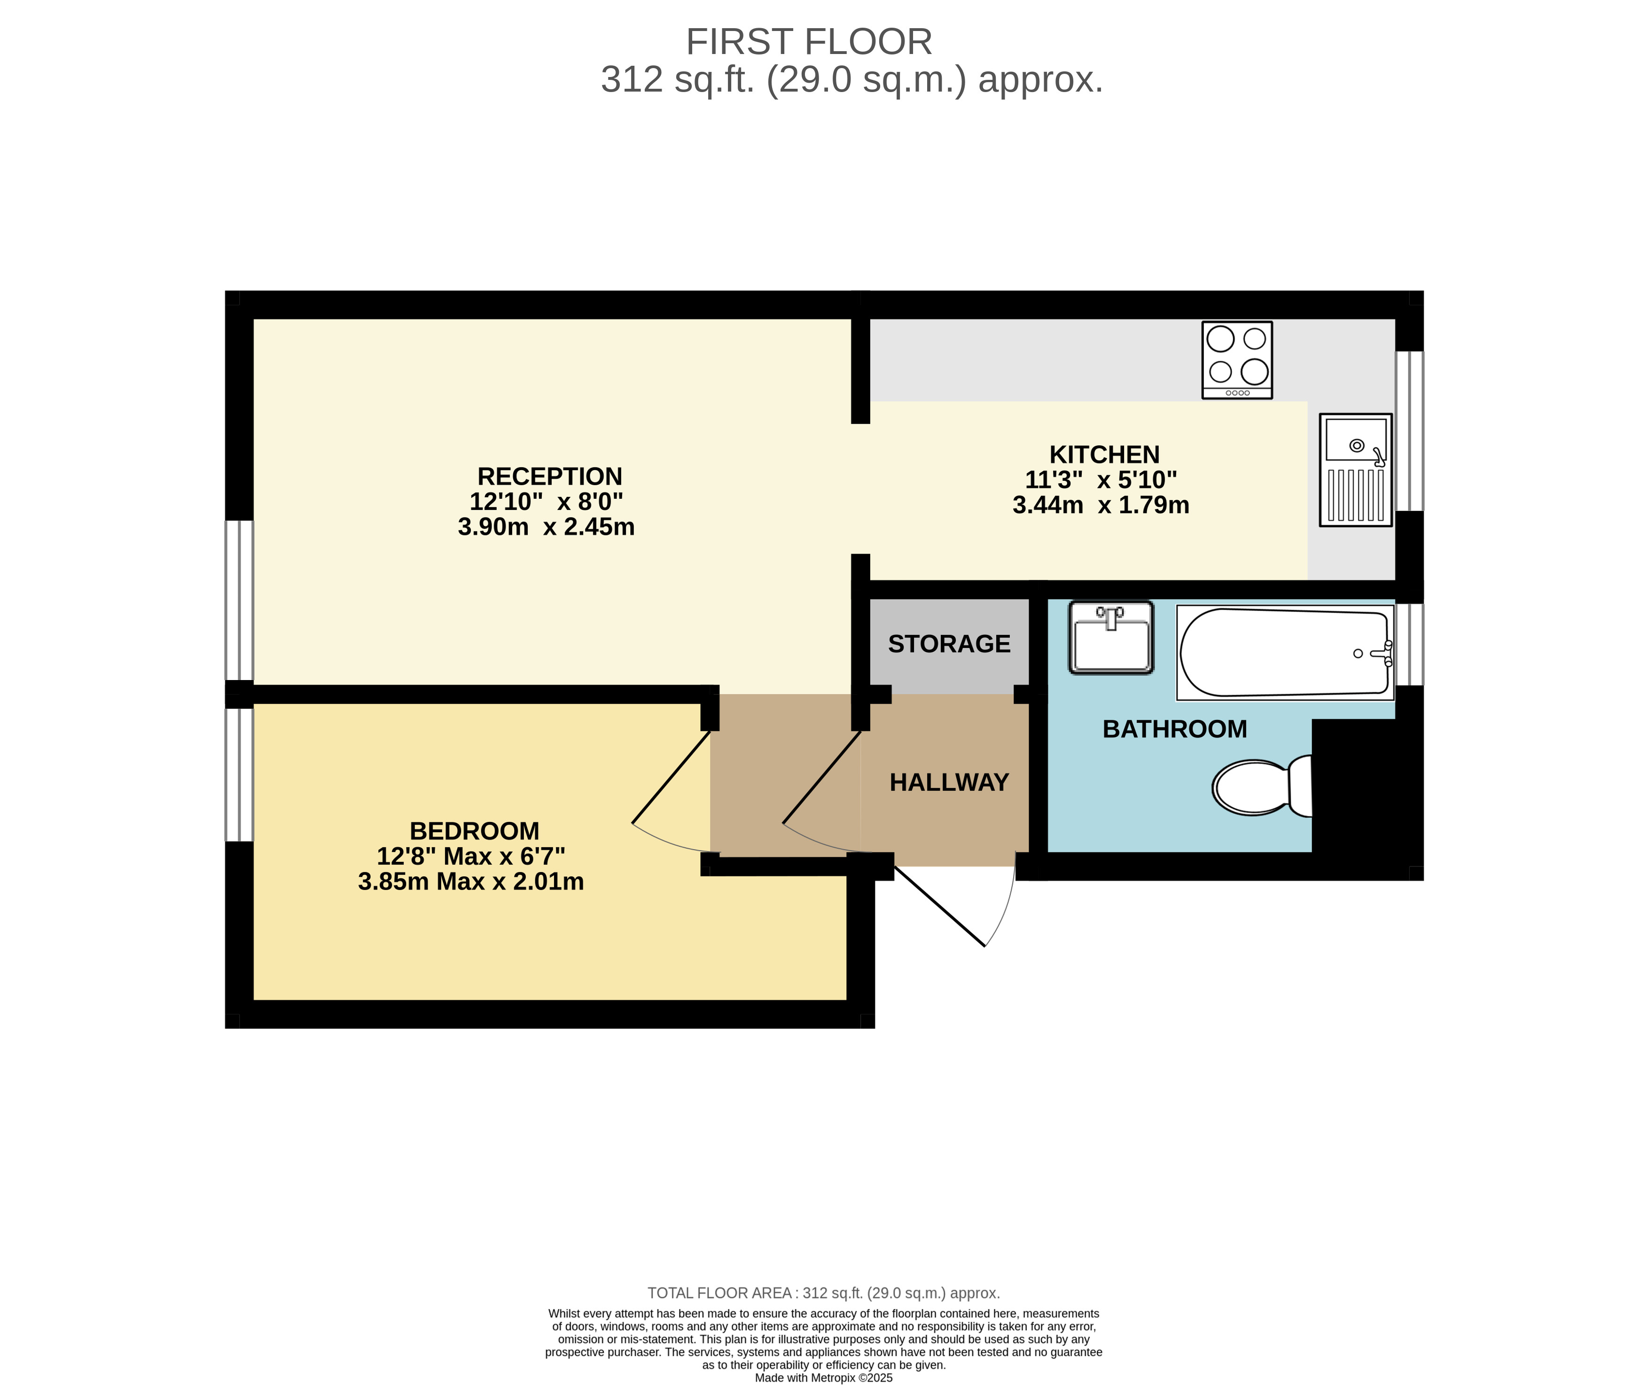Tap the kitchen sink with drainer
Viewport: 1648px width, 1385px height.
pos(1355,470)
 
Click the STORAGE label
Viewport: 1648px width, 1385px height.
pos(948,644)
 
